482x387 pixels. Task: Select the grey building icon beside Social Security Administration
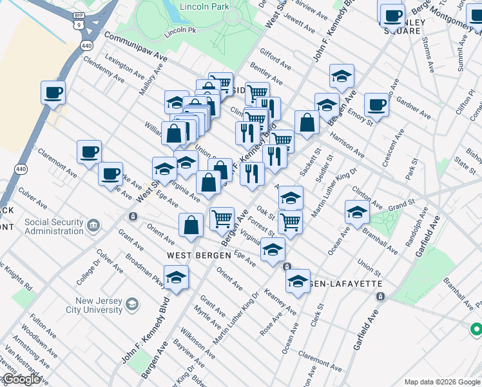(94, 225)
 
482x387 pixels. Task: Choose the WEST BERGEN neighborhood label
(198, 255)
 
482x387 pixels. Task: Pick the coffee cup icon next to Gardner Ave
(376, 105)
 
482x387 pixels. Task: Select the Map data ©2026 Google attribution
(442, 382)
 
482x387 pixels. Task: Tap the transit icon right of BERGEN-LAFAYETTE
(380, 296)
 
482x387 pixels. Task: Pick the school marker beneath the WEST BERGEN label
(176, 277)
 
